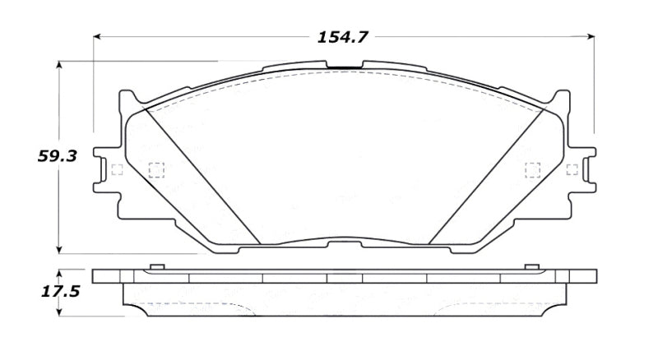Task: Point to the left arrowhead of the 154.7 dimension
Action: [98, 37]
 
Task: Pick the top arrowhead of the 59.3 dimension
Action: [58, 64]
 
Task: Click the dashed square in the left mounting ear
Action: [115, 170]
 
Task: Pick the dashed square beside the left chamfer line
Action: [155, 170]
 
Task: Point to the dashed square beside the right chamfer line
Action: [531, 170]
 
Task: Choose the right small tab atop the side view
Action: [531, 267]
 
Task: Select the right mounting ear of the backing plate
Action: [585, 170]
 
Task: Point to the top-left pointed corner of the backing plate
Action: [126, 91]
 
